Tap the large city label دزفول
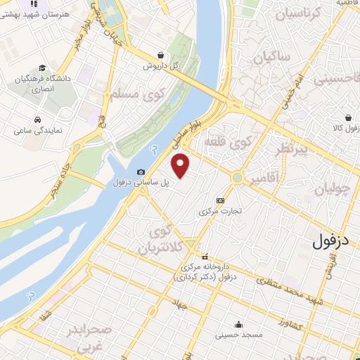pyautogui.click(x=333, y=242)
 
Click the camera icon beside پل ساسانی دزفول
pyautogui.click(x=141, y=172)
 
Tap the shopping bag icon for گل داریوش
pyautogui.click(x=162, y=55)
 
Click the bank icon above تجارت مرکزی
pyautogui.click(x=220, y=200)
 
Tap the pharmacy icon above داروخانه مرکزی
pyautogui.click(x=205, y=257)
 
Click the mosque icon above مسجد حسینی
pyautogui.click(x=240, y=324)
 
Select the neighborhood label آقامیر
pyautogui.click(x=263, y=179)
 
